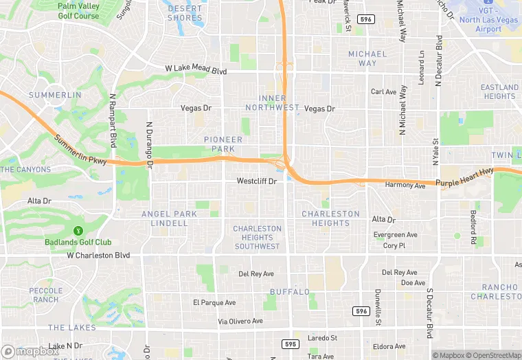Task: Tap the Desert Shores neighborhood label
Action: (x=185, y=13)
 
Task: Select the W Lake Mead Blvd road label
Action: (x=196, y=69)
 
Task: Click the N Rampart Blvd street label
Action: (x=113, y=120)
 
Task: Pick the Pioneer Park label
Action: (x=223, y=144)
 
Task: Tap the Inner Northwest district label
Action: (x=279, y=103)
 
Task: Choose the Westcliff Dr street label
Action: (x=256, y=181)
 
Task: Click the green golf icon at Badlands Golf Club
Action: (x=78, y=230)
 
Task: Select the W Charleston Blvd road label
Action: (x=98, y=255)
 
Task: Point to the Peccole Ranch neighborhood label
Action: (x=45, y=295)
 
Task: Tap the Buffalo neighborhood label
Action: (x=285, y=292)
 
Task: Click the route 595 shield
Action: (x=291, y=344)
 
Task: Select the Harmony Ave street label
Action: (x=405, y=185)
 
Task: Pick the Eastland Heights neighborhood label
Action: (x=499, y=91)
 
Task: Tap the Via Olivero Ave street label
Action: (x=240, y=321)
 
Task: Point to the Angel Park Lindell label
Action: (x=169, y=218)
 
